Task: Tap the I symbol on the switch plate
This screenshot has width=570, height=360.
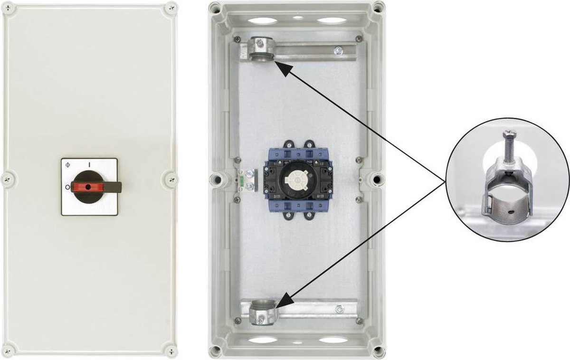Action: click(x=88, y=164)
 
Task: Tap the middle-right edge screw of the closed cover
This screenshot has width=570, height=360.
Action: click(x=171, y=179)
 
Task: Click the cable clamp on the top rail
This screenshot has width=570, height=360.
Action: click(x=258, y=51)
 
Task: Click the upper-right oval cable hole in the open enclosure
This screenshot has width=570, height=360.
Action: click(x=331, y=20)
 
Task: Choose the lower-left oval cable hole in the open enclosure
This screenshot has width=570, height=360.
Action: click(x=264, y=340)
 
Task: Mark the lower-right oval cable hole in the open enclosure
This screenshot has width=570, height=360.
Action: click(x=332, y=340)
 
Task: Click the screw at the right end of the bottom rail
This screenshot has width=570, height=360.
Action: click(x=340, y=310)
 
